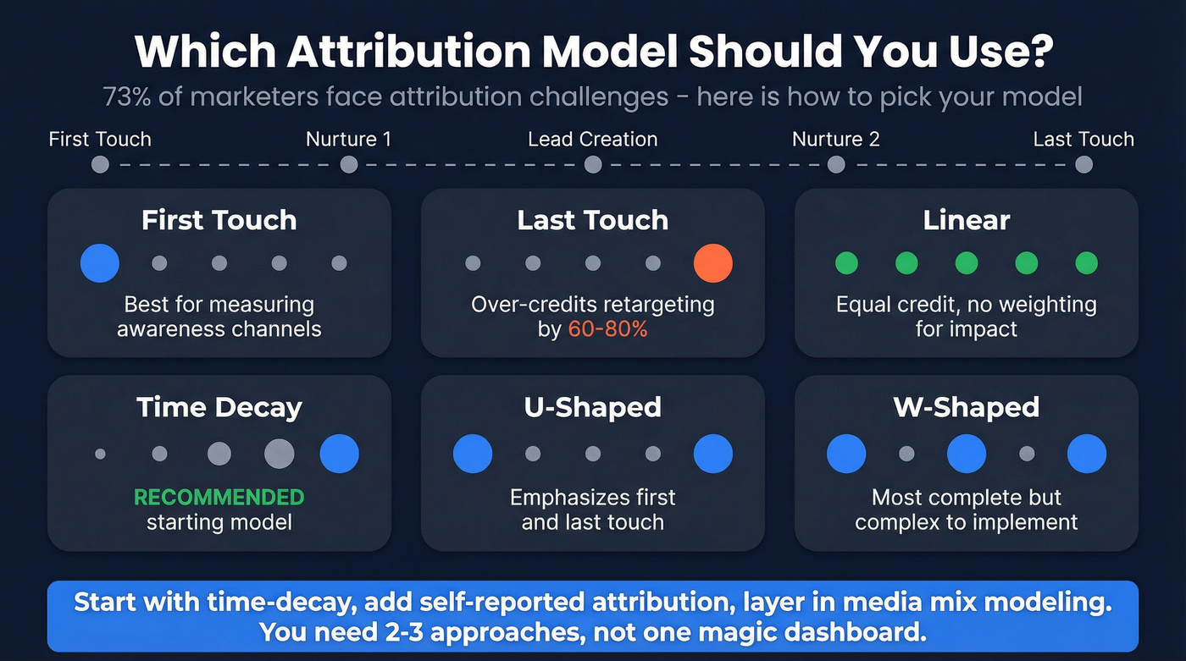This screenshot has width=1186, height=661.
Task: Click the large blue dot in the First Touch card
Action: click(100, 263)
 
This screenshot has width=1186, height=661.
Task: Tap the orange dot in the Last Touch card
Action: click(712, 263)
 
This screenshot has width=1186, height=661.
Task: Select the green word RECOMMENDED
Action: click(219, 497)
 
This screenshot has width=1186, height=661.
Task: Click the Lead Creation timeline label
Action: click(592, 139)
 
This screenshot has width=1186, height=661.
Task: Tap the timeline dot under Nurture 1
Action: click(349, 164)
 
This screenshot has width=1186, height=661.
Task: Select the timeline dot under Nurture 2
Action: click(836, 164)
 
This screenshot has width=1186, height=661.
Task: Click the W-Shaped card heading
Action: click(967, 407)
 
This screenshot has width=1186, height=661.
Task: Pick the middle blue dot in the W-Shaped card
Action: click(967, 454)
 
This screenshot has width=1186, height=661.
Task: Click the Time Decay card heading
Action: click(219, 407)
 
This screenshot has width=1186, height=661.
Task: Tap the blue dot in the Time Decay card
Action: click(339, 454)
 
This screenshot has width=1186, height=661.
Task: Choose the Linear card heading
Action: click(967, 220)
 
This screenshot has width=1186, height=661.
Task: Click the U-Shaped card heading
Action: click(592, 407)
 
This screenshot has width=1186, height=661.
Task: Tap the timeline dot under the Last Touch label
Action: click(1083, 164)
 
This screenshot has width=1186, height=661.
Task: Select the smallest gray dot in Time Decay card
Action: click(100, 454)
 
